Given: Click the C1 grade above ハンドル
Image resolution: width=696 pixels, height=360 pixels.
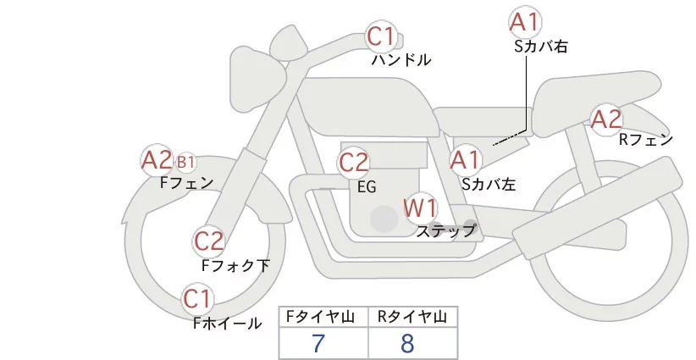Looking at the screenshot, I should [381, 36].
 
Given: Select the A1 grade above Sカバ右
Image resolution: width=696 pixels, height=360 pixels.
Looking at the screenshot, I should [525, 22].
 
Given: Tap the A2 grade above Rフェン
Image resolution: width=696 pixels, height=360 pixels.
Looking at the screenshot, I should [606, 119].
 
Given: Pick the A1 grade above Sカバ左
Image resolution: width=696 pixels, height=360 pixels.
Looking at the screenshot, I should [465, 158].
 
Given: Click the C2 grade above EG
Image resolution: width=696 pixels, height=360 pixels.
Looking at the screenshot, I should [354, 162].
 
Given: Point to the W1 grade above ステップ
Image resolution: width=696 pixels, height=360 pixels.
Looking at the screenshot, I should [420, 207].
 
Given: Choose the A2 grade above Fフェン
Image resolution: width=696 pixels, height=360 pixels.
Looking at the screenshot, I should [157, 159].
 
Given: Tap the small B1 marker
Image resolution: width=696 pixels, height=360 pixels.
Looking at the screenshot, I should [186, 161].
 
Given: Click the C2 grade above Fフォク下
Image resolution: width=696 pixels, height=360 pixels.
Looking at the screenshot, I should [208, 241].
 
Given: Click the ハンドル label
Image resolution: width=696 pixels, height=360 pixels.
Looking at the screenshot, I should [401, 60].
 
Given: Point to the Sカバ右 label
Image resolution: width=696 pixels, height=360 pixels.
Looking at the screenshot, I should [540, 47].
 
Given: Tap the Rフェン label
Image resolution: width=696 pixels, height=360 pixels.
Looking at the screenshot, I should [645, 140].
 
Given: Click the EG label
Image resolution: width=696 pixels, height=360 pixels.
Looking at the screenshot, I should [366, 186].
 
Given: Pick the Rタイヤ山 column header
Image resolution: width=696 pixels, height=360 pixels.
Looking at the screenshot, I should [412, 317].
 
